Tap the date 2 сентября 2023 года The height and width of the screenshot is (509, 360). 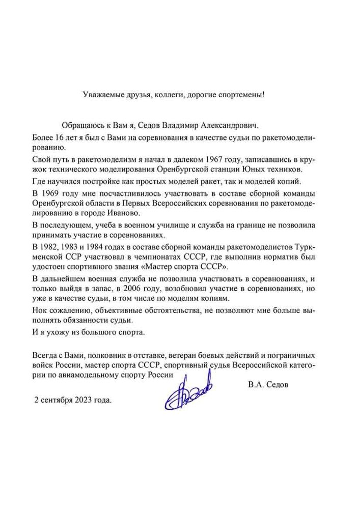[x=72, y=400]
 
